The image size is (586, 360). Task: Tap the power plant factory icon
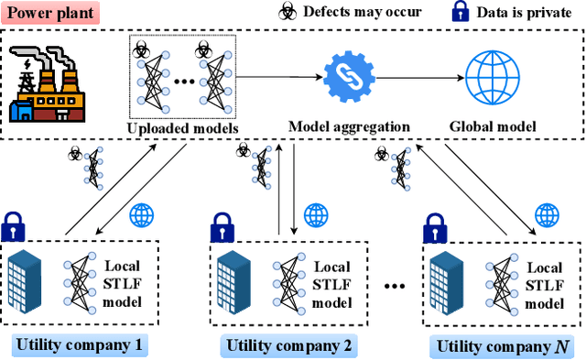point(46,87)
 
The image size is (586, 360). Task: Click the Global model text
point(494,126)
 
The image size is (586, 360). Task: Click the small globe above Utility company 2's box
point(316,216)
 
